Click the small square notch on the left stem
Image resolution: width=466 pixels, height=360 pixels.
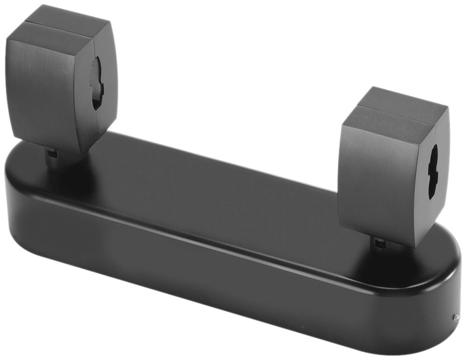[x=52, y=153]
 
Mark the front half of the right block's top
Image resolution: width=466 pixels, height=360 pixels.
[x=387, y=116]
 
